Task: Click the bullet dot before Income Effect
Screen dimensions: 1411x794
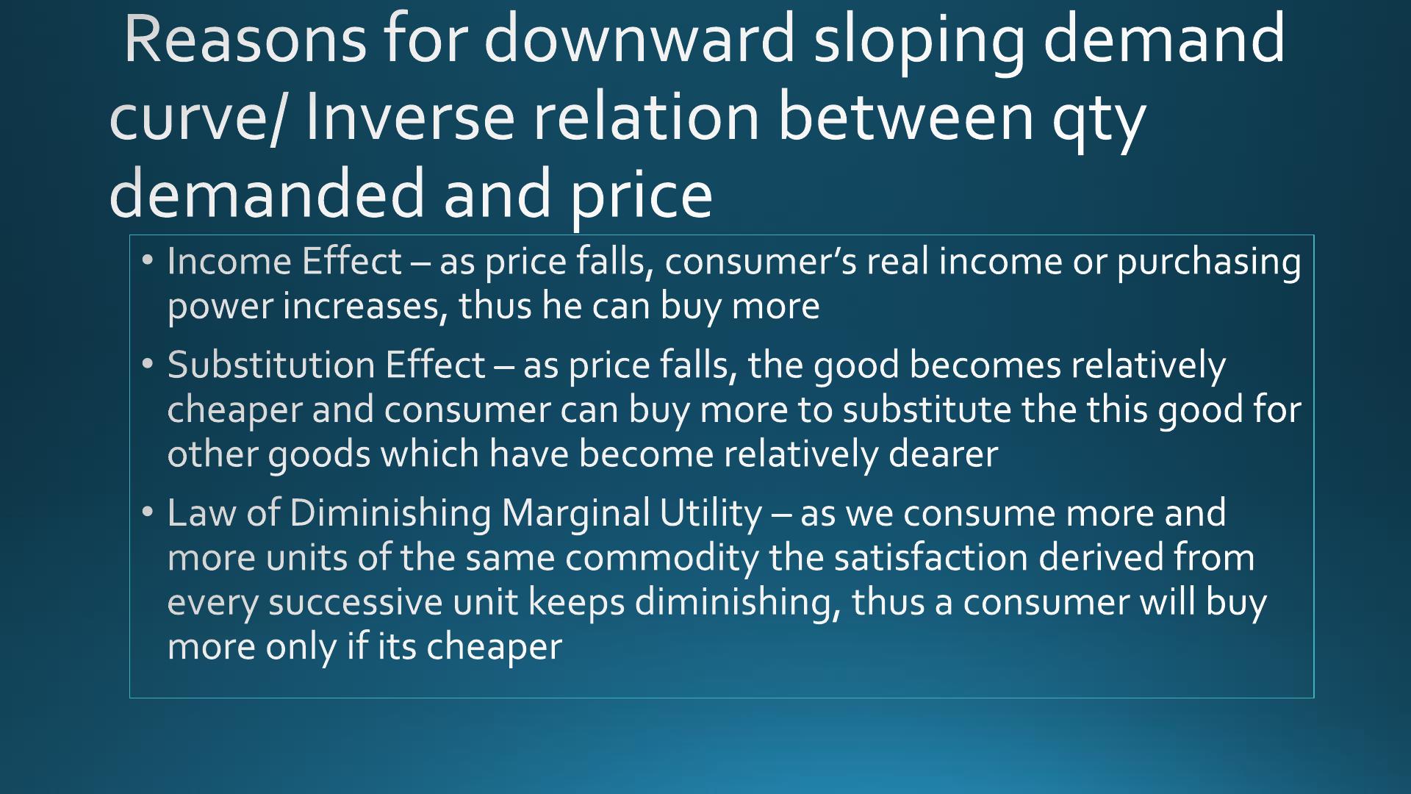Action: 148,260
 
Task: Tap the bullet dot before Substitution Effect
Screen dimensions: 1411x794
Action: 148,364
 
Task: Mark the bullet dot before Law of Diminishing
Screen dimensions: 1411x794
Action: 148,512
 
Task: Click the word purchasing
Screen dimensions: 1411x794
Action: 1209,263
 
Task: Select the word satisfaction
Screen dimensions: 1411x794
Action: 930,557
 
